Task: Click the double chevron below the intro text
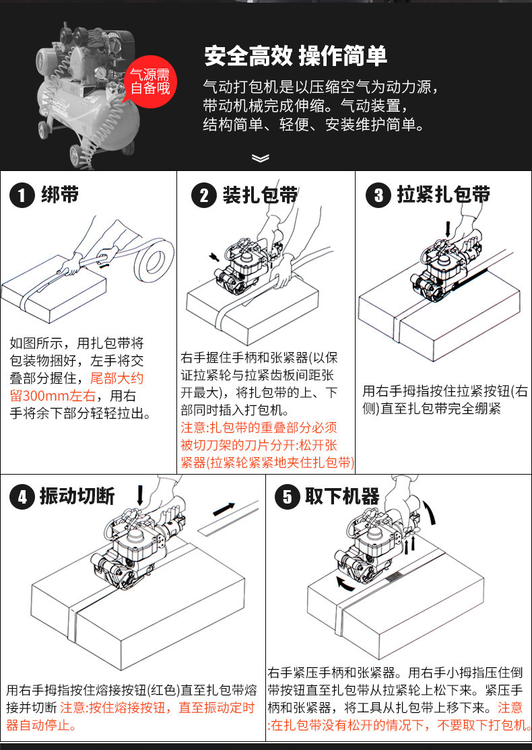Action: (260, 158)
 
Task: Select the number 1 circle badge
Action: (22, 196)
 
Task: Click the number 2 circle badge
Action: (204, 196)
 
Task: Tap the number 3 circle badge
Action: (378, 196)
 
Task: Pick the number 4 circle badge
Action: (22, 498)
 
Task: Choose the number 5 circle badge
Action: (288, 498)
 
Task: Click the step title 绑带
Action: (60, 195)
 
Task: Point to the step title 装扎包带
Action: (260, 195)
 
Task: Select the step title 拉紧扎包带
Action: (443, 195)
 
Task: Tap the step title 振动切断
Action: (77, 497)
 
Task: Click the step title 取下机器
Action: (342, 497)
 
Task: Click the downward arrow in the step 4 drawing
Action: (140, 495)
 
